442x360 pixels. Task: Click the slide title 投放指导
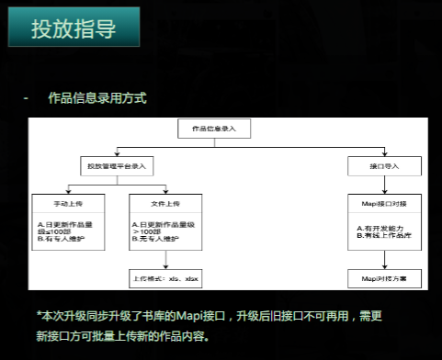coord(74,28)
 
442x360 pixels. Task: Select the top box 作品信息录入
coord(213,129)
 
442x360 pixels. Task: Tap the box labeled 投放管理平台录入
coord(118,167)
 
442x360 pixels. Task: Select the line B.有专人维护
coord(59,241)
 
